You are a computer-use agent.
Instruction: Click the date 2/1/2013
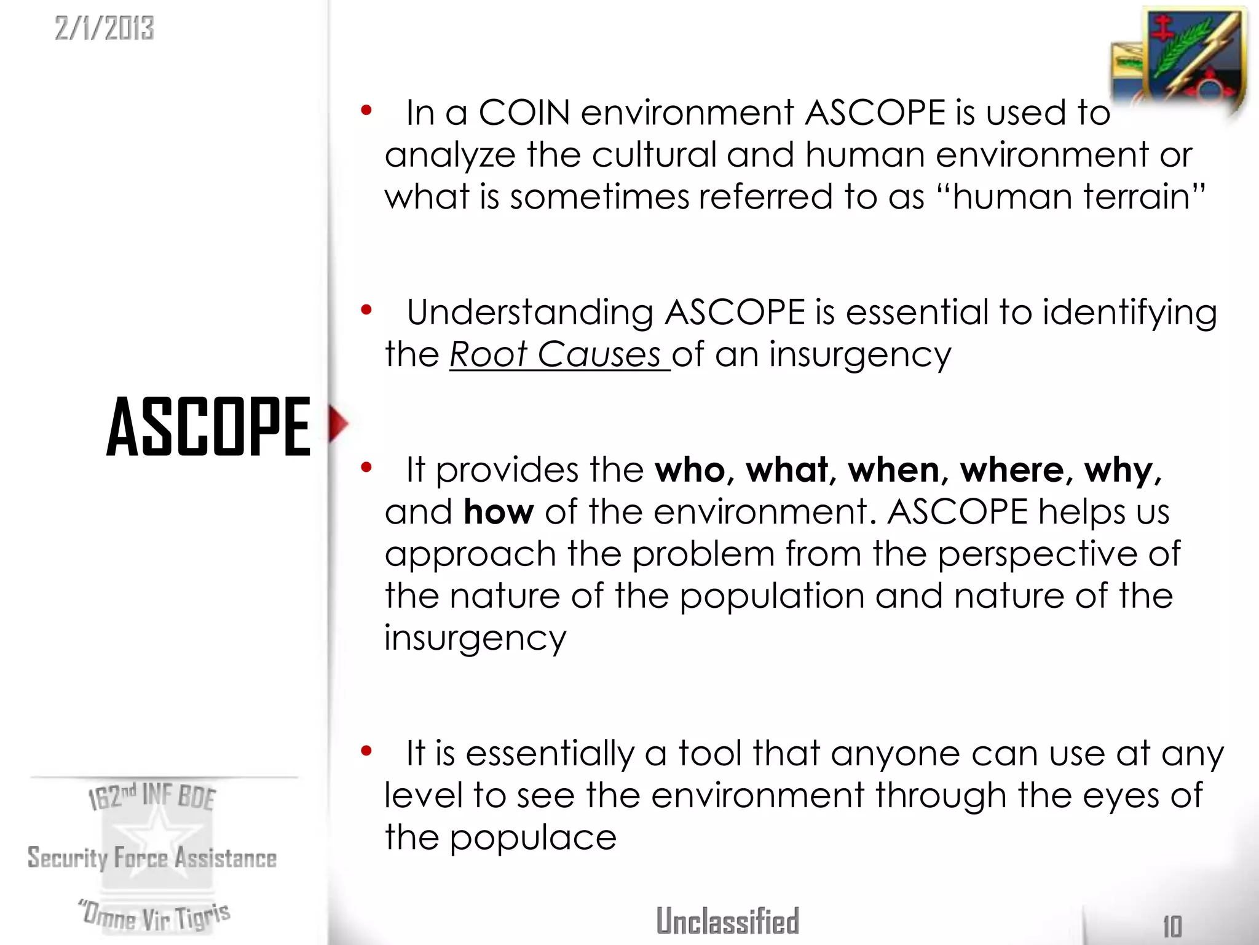pyautogui.click(x=104, y=28)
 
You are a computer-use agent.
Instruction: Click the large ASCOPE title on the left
pyautogui.click(x=208, y=426)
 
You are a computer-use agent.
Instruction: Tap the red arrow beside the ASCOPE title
pyautogui.click(x=337, y=423)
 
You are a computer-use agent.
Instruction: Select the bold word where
pyautogui.click(x=1012, y=471)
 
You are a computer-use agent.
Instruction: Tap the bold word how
pyautogui.click(x=499, y=512)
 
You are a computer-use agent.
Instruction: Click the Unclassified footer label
pyautogui.click(x=727, y=921)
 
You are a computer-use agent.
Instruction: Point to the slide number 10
pyautogui.click(x=1172, y=926)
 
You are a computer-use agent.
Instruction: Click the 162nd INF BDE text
pyautogui.click(x=152, y=796)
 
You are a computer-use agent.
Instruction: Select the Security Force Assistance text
pyautogui.click(x=152, y=858)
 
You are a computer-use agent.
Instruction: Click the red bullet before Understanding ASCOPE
pyautogui.click(x=367, y=310)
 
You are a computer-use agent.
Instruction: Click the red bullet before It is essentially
pyautogui.click(x=367, y=751)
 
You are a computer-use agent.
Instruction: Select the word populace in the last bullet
pyautogui.click(x=533, y=838)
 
